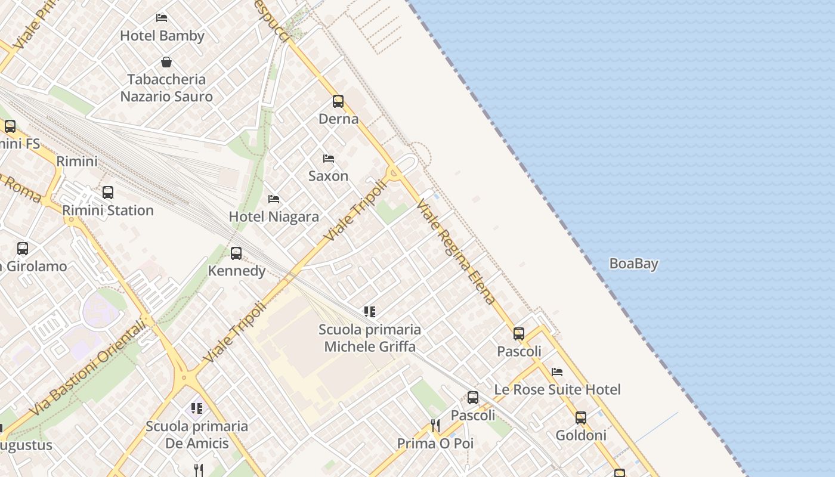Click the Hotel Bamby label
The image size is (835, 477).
point(162,36)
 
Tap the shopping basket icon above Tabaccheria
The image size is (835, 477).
point(166,62)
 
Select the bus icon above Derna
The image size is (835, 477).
point(338,101)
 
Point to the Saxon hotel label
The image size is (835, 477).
point(328,176)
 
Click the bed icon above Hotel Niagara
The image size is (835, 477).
point(274,199)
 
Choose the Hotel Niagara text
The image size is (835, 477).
point(274,216)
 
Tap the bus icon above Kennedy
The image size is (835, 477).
point(236,253)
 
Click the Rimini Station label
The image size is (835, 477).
point(108,210)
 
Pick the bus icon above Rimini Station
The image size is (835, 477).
point(108,193)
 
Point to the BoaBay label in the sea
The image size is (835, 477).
point(633,264)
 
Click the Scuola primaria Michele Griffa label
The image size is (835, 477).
point(370,337)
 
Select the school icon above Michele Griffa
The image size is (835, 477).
point(370,311)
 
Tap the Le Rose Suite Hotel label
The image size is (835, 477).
point(557,389)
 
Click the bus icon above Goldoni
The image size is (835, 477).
point(581,418)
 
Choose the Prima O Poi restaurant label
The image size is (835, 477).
point(435,444)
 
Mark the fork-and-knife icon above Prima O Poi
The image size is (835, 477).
point(435,425)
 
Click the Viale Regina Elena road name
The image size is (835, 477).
point(456,252)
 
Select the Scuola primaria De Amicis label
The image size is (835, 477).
point(197,435)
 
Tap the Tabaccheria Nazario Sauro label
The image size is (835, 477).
point(166,88)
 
